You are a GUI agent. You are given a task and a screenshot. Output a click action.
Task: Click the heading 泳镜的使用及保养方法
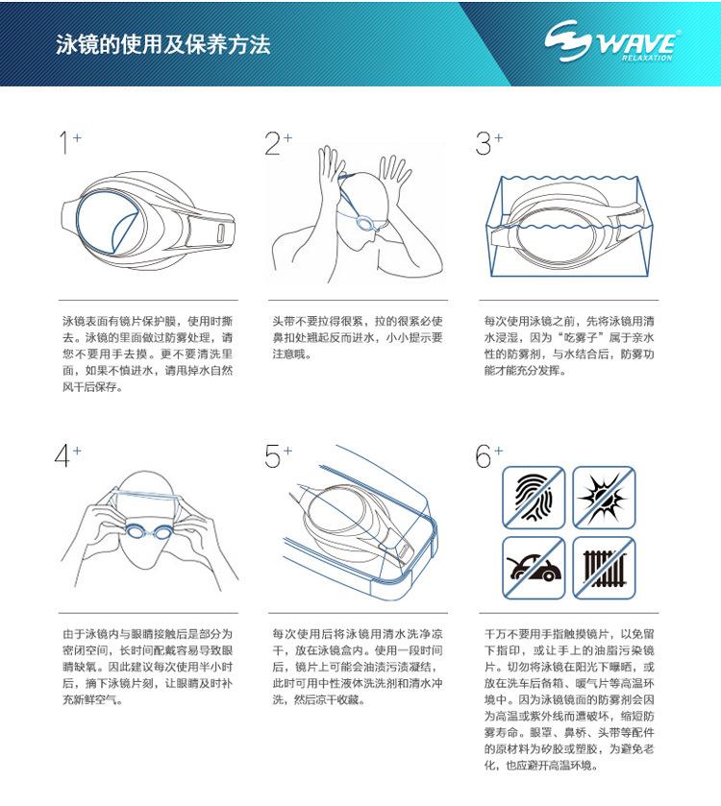163,44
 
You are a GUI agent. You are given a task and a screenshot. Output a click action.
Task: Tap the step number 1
64,144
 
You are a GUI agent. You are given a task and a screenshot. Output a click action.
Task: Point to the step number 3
484,144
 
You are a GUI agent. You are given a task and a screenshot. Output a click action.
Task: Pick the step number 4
64,456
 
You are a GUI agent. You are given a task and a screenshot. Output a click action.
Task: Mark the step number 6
484,456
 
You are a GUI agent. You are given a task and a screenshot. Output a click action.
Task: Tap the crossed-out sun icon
604,496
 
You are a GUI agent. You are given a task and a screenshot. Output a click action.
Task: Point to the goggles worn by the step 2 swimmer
366,223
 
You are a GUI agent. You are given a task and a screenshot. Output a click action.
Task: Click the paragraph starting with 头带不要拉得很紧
358,337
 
